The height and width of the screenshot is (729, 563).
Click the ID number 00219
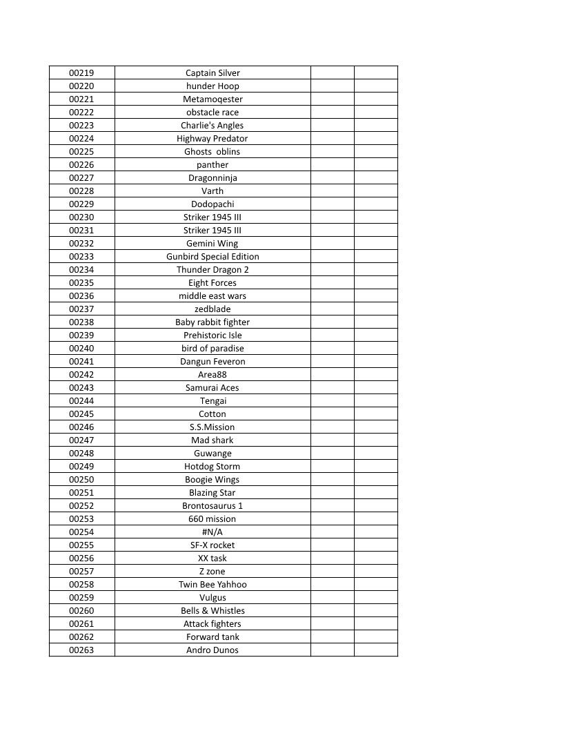[81, 72]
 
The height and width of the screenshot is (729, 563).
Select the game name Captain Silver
[213, 72]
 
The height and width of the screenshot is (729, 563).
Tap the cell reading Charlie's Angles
[213, 125]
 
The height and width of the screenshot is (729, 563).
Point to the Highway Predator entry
[213, 138]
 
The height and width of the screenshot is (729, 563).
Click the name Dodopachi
[213, 204]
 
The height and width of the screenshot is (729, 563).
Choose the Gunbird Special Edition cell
[213, 256]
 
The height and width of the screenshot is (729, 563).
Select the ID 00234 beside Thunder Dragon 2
[81, 269]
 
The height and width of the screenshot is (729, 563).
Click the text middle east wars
[213, 295]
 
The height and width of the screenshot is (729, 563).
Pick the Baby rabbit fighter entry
[213, 322]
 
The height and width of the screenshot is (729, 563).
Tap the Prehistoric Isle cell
[213, 335]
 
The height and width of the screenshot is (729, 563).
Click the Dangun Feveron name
[213, 361]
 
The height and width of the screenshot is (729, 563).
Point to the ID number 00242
[81, 374]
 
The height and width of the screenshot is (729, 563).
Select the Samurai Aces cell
[213, 387]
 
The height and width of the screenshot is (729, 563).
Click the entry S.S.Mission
[213, 427]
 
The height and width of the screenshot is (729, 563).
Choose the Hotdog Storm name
[213, 466]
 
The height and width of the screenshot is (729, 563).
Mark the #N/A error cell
[213, 532]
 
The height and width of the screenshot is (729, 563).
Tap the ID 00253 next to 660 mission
[81, 518]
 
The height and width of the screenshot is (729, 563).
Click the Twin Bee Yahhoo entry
[213, 584]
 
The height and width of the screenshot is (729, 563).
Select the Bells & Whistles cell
[213, 610]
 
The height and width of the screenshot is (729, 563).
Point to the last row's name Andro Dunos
[213, 650]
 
